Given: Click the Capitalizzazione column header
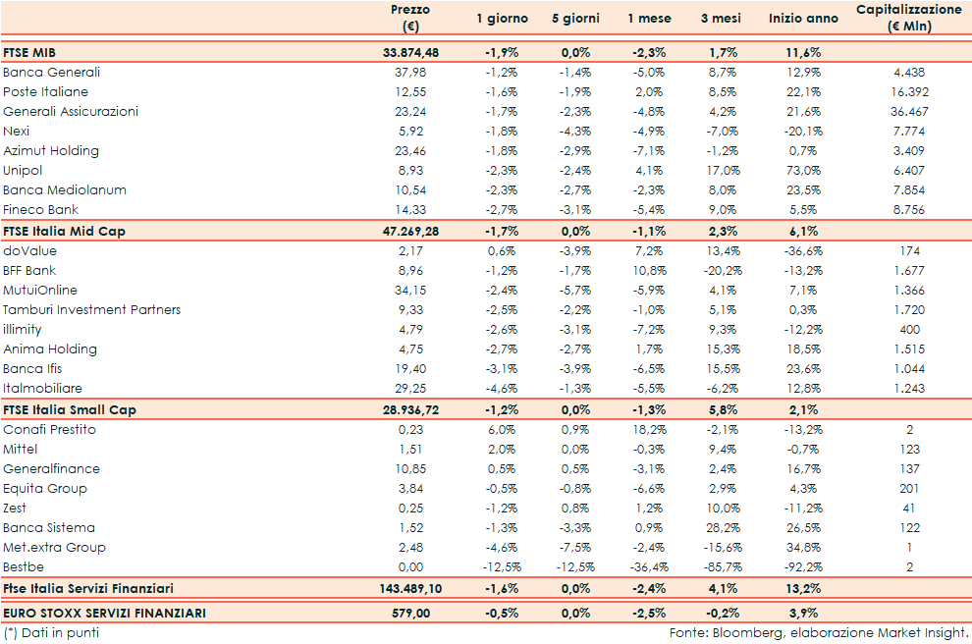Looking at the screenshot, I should coord(908,18).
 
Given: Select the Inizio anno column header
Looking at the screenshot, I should coord(803,19).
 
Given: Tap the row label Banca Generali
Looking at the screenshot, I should coord(51,72).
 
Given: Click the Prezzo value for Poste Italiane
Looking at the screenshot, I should coord(409,91).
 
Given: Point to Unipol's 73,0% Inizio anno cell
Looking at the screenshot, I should coord(802,170).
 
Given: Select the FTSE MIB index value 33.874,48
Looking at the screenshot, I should coord(410,52).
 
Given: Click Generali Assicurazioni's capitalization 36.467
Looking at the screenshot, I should coord(908,111).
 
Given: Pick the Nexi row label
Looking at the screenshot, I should coord(16,131).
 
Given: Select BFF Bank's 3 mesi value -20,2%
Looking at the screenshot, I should coord(721,270).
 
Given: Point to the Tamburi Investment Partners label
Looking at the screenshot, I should coord(91,309).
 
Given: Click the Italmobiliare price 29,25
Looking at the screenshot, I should coord(409,388).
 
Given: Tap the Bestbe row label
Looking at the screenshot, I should coord(24,566).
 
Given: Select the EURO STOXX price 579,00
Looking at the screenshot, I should coord(409,614).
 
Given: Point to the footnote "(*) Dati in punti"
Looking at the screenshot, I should coord(51,632).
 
